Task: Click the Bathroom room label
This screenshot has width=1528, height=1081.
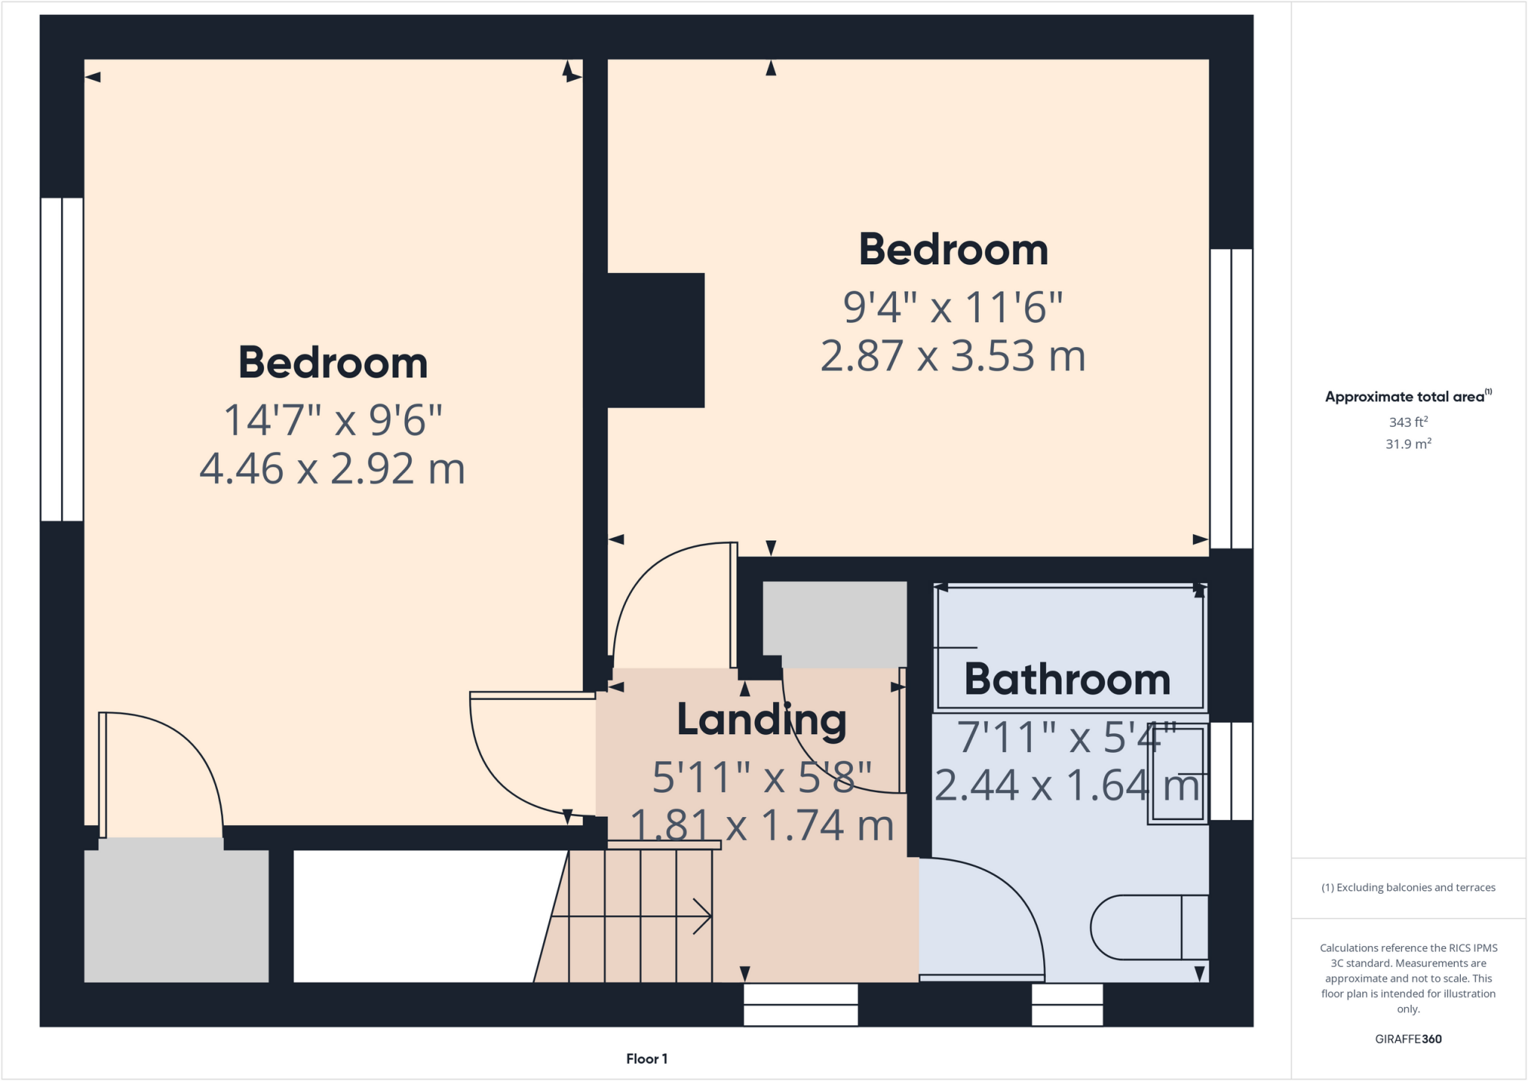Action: [x=1067, y=680]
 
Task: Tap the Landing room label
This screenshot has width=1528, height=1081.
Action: [x=761, y=720]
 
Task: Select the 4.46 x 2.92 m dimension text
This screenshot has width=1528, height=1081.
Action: [x=332, y=469]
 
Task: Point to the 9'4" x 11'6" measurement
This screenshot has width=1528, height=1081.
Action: [x=953, y=307]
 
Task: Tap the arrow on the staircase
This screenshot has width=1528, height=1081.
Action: [x=701, y=916]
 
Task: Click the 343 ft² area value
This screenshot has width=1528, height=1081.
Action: [x=1408, y=422]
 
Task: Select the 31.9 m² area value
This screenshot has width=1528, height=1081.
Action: [x=1408, y=444]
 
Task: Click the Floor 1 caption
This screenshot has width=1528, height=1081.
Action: [x=646, y=1059]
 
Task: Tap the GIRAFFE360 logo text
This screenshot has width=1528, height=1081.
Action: [x=1408, y=1038]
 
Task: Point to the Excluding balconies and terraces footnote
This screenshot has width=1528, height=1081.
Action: [x=1408, y=888]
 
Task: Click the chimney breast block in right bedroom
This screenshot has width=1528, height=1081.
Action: [x=656, y=340]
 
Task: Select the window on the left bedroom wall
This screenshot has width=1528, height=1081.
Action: [x=62, y=359]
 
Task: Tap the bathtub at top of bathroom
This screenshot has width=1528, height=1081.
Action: [x=1070, y=646]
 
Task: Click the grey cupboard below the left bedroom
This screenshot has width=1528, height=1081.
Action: [x=176, y=916]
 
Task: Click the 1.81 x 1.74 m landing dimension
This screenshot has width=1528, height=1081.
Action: [x=761, y=826]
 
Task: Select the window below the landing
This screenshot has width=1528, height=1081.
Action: [x=801, y=1004]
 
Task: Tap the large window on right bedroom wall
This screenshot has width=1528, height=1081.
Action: [x=1231, y=398]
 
